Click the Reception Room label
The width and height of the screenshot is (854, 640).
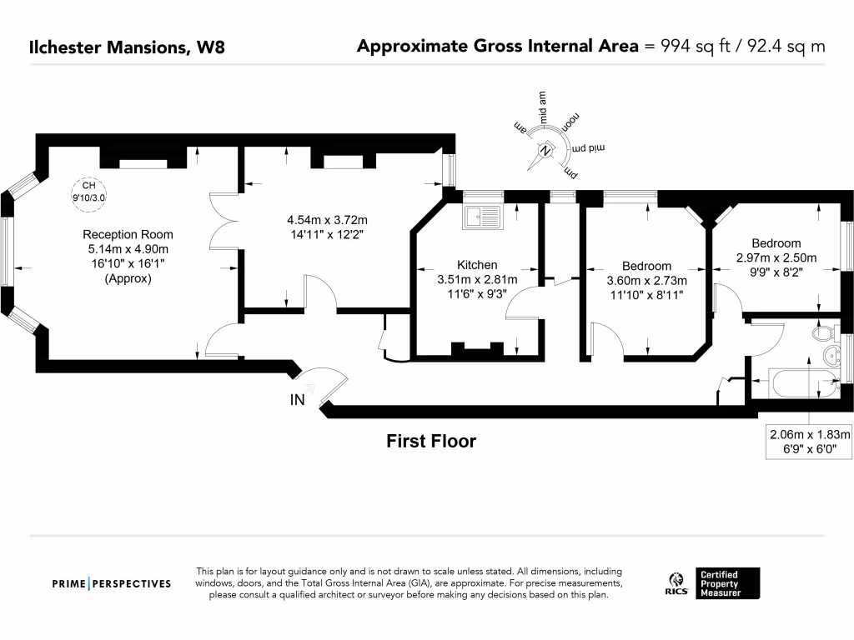coord(128,235)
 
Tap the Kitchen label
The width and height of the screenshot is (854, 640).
coord(477,265)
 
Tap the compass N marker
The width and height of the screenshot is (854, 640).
coord(545,152)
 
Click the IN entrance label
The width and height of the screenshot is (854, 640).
coord(297,400)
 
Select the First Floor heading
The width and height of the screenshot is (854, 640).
coord(430,441)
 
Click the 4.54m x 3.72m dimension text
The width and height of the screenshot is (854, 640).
coord(327,221)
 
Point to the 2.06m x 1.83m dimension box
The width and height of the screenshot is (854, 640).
coord(809,442)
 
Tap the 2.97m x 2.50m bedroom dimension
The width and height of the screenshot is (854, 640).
coord(776,257)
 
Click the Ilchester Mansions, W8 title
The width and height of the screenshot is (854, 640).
coord(127,47)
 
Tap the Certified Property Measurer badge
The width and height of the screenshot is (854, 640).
coord(729,583)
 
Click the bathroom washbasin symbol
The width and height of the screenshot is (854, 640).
coord(830,359)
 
